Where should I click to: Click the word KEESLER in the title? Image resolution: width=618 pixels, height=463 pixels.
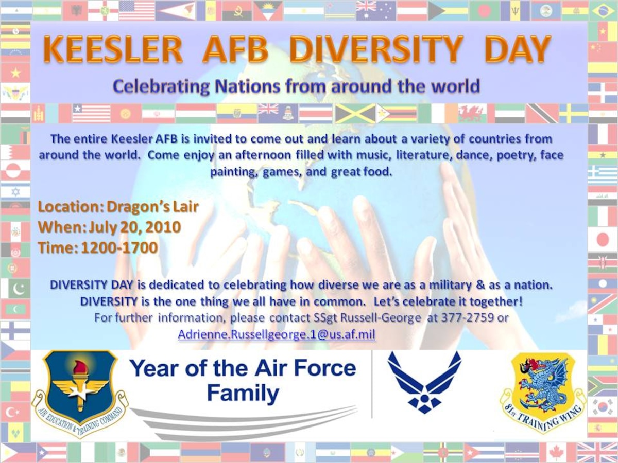coord(113,50)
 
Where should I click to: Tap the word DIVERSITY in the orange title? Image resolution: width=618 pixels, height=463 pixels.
coord(376,50)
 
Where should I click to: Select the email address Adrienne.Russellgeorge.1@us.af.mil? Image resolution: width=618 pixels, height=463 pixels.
coord(277,334)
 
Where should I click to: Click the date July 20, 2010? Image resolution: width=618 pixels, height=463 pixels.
coord(134,227)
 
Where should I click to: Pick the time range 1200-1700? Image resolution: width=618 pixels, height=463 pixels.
coord(119,247)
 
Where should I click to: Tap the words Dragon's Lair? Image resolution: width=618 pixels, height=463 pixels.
coord(153,207)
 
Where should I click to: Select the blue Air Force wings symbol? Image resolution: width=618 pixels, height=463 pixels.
coord(424,386)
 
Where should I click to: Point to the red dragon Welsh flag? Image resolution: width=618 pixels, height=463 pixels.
coord(472,113)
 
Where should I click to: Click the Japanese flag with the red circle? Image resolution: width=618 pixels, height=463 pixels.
coord(603,240)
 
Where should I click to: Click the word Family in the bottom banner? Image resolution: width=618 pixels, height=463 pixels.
coord(243,393)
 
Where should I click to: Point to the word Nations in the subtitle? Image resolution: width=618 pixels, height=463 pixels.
coord(248,86)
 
